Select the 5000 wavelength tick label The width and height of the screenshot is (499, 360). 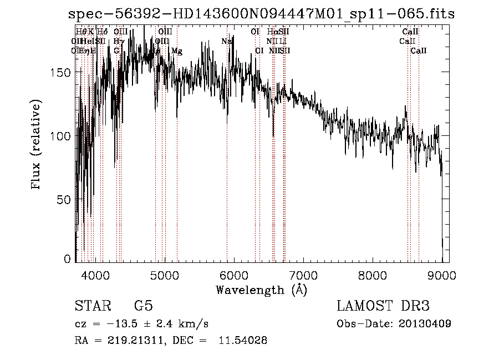[164, 275]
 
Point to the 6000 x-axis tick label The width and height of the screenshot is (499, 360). [233, 275]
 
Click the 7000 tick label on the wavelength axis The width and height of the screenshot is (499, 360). [303, 275]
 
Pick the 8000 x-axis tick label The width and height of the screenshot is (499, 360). [372, 275]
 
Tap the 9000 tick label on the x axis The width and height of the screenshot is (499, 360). [441, 275]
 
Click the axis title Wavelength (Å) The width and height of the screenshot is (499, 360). [261, 290]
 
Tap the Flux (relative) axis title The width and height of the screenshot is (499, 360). [37, 146]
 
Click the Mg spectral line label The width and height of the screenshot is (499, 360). [176, 51]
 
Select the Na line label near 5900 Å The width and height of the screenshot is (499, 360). [226, 42]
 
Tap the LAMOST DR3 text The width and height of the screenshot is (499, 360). [383, 306]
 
